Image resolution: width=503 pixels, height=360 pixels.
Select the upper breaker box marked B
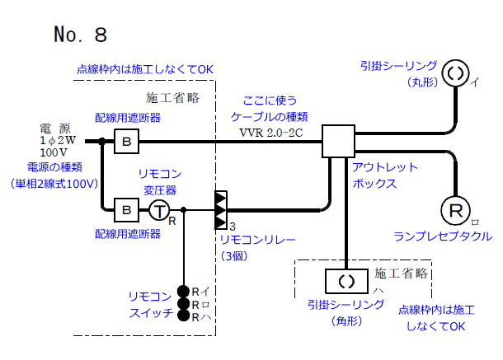(126, 142)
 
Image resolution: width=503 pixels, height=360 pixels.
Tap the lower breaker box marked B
(126, 210)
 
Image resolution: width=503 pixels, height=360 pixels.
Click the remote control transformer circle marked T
(159, 211)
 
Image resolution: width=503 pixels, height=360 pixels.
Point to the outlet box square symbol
(337, 142)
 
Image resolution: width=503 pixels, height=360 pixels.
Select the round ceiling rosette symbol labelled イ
(455, 73)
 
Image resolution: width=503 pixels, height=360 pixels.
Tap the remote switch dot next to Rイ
(184, 291)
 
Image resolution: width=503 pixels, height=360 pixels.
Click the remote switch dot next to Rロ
(184, 304)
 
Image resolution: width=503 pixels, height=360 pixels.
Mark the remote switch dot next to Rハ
(184, 316)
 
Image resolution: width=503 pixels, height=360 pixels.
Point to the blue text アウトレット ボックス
(384, 174)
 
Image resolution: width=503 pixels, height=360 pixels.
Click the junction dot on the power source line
(101, 142)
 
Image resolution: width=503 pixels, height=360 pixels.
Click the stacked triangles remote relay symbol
(220, 210)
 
